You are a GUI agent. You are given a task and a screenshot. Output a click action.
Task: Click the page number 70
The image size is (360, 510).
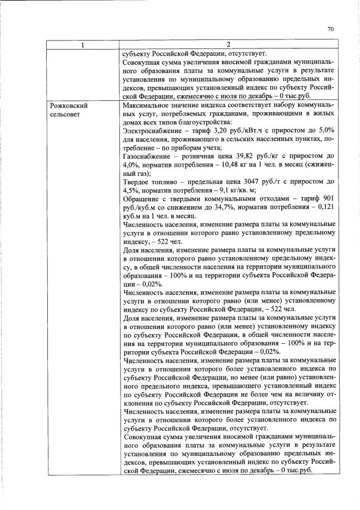click(331, 30)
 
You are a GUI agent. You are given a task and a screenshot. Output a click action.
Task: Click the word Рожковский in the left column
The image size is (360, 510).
click(69, 105)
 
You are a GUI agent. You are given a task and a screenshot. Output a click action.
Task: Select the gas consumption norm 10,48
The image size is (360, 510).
click(224, 165)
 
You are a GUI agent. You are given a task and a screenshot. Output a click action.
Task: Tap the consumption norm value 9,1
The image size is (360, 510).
click(227, 192)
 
